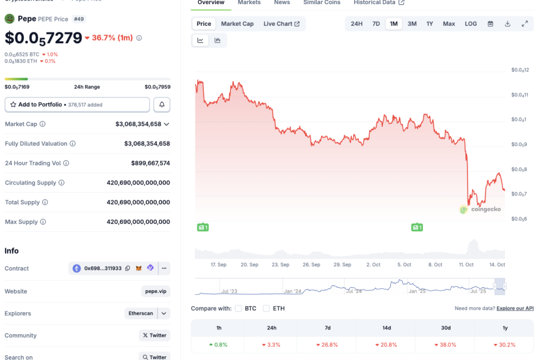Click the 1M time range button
click(393, 24)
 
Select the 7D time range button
click(376, 24)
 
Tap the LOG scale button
click(470, 24)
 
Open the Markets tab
click(249, 3)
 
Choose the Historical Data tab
click(379, 3)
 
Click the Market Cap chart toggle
click(237, 24)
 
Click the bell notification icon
click(162, 104)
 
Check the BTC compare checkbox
click(238, 308)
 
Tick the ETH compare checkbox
click(266, 308)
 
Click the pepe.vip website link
click(156, 291)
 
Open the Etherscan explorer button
click(141, 313)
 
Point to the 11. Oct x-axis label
click(466, 265)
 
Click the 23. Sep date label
click(281, 265)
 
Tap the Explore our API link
click(515, 308)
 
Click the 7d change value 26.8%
click(327, 345)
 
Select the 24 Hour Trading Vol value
click(150, 163)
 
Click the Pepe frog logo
click(9, 19)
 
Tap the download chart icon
click(507, 24)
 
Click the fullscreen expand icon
click(525, 24)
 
